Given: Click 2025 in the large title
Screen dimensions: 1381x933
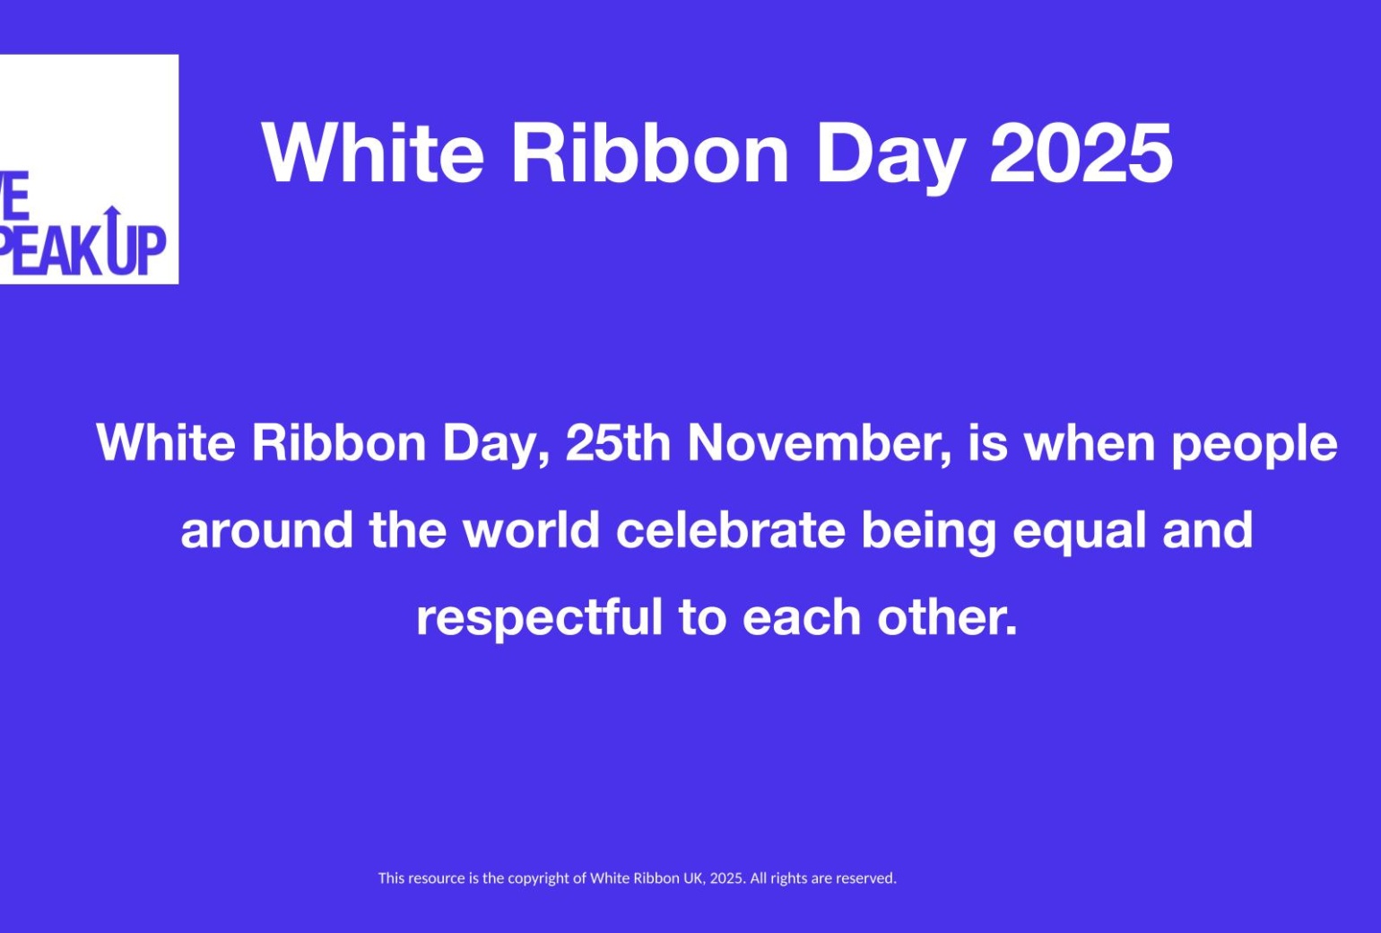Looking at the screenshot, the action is tap(1080, 153).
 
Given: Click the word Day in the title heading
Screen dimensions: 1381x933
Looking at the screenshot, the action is tap(890, 157).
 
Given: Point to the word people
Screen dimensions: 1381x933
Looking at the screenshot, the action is tap(1255, 447).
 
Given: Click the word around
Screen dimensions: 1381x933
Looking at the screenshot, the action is tap(267, 529).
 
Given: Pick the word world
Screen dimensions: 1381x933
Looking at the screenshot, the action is tap(532, 529).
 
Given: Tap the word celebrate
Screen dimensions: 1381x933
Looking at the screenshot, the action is tap(730, 529).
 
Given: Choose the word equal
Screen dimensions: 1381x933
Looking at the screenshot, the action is tap(1079, 533).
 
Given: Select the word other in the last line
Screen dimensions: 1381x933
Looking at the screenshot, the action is tap(947, 616).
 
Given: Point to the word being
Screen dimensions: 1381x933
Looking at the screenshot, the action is tap(928, 533).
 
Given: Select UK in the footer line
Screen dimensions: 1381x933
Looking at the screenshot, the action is tap(695, 878).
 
